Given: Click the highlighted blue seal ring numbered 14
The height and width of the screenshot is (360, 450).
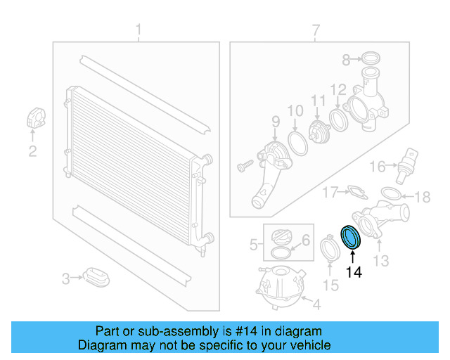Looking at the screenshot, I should coord(351,237).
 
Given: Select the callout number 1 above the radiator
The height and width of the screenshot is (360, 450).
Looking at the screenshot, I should coord(139,30).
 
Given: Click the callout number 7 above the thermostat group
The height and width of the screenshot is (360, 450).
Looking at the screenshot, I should coord(316,30).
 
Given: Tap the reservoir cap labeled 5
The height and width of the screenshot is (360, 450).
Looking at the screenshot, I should coord(281,237).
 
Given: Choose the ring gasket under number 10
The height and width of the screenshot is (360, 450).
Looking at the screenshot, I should coord(297,145).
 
